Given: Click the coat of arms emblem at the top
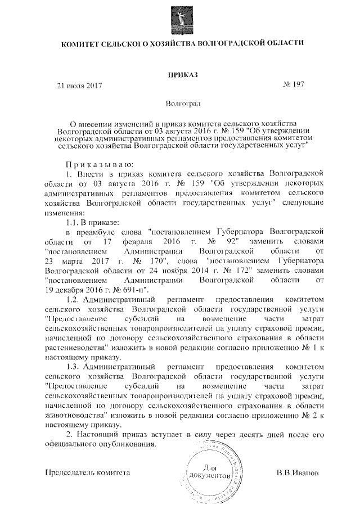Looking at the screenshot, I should (x=181, y=17).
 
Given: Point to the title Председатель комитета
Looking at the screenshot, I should (x=87, y=473).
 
